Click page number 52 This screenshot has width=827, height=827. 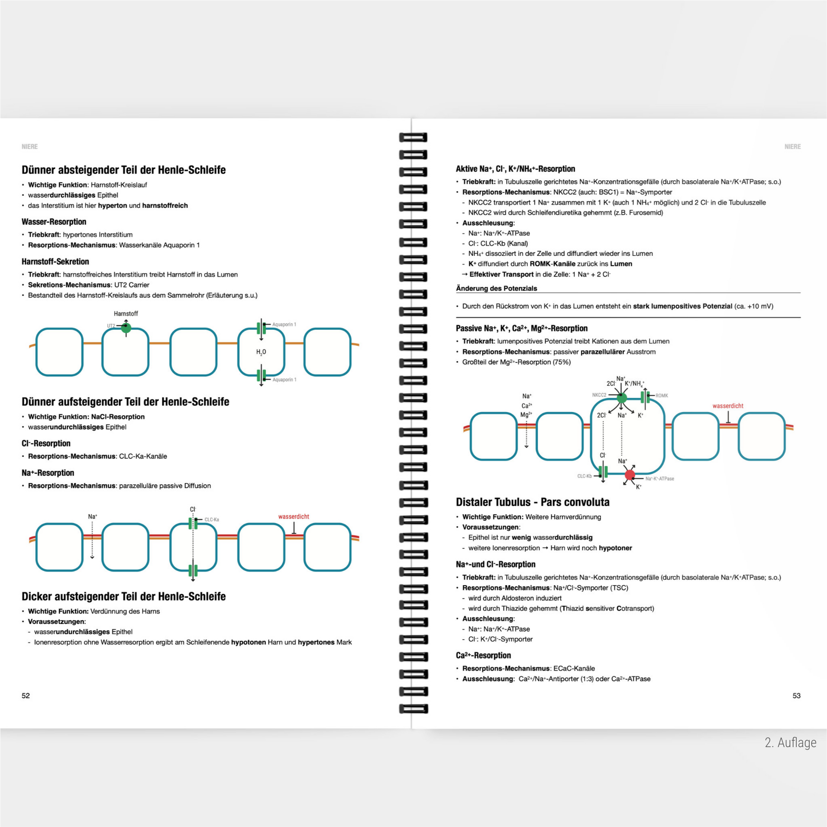click(25, 696)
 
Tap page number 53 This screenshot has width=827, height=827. click(796, 696)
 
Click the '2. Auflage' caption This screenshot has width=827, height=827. click(790, 742)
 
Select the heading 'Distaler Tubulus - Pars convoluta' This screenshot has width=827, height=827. click(532, 502)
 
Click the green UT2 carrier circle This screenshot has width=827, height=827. click(126, 328)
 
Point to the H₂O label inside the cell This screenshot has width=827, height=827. click(261, 352)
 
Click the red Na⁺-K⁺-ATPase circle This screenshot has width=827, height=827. click(630, 475)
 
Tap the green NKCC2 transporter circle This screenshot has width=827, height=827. click(622, 398)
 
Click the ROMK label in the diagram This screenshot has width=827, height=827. click(662, 396)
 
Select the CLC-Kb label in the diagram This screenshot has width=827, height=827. click(584, 476)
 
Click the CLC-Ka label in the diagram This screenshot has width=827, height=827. click(212, 520)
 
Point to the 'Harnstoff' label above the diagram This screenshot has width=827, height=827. click(126, 314)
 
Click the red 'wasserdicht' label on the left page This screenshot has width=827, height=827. click(294, 517)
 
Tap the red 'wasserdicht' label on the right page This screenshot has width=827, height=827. click(728, 406)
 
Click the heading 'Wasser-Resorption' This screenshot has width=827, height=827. click(54, 222)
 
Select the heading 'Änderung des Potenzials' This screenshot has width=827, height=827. click(496, 288)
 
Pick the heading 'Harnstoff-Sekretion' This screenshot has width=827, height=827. click(55, 261)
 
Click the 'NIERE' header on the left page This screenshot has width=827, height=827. click(30, 146)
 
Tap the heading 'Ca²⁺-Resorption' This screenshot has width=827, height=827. click(483, 655)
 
